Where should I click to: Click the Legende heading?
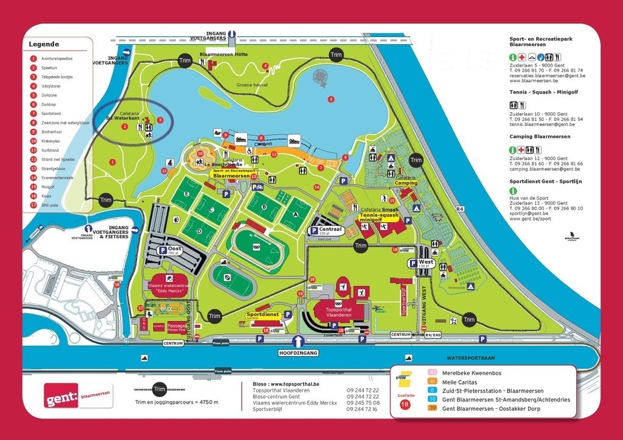[44, 44]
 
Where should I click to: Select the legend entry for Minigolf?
[49, 188]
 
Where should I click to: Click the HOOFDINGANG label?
[299, 352]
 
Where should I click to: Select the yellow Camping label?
[406, 182]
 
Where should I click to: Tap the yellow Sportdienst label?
[262, 314]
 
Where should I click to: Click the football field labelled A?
[296, 214]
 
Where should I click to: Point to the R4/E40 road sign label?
[433, 334]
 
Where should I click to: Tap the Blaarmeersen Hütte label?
[223, 54]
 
